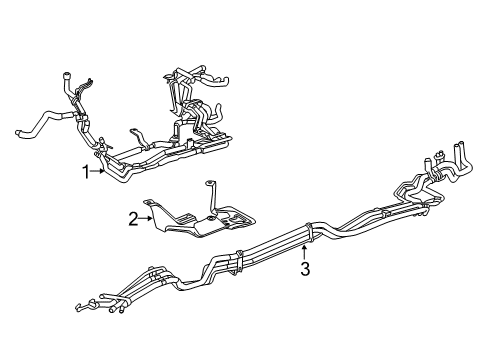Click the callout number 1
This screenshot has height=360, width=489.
click(x=87, y=171)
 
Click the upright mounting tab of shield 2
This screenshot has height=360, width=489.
click(x=212, y=190)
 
